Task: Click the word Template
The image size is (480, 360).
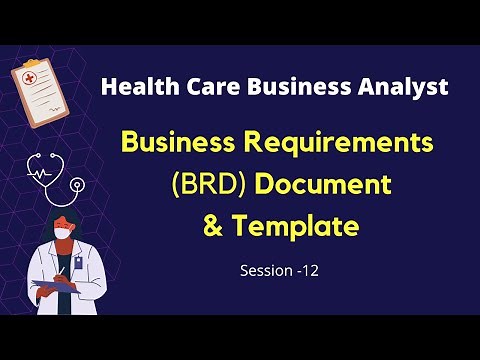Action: pyautogui.click(x=295, y=226)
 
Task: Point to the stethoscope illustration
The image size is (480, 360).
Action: pyautogui.click(x=54, y=179)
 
